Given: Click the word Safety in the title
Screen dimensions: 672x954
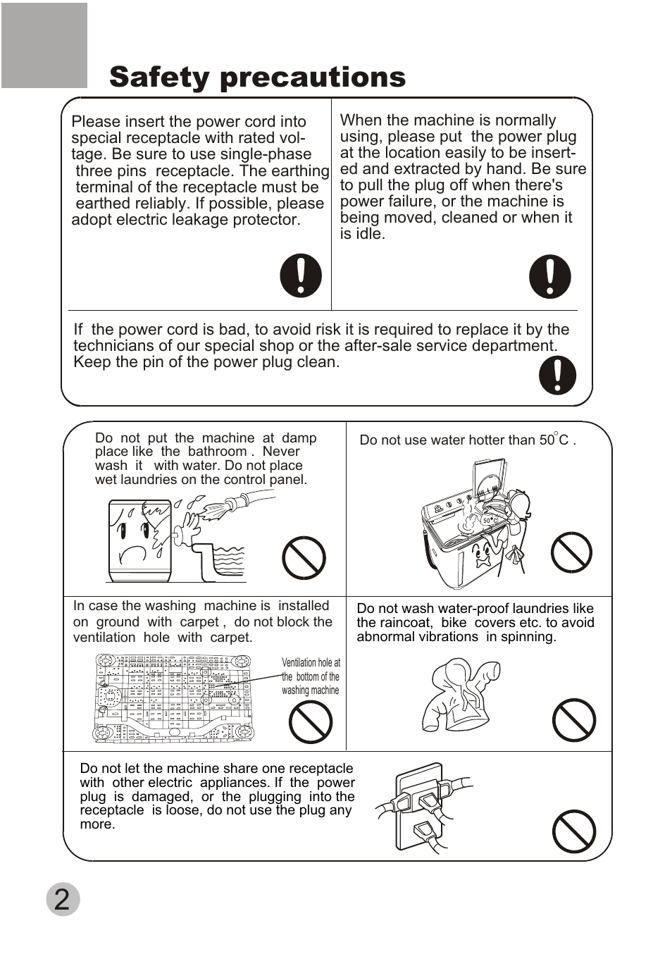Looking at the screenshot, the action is pos(160,78).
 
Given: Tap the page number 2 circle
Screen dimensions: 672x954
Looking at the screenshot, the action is pos(63,898).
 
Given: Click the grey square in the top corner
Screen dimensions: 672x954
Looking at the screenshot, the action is pos(44,45).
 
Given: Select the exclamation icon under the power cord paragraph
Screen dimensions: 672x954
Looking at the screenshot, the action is pos(301,275).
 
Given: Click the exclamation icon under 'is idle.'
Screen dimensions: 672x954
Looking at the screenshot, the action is pos(549,276).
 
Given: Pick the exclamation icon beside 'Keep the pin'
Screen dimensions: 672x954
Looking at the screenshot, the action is pos(557,375).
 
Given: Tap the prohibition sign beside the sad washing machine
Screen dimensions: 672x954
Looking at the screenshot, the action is pos(304,557).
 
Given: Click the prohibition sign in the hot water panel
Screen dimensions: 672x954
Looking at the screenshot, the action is pos(571,552).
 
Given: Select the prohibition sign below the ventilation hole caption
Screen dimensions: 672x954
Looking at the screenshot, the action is pos(311,722).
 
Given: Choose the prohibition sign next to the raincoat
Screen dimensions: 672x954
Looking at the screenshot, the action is pos(574,720).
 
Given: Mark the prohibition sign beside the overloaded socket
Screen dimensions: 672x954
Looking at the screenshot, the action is pos(574,831).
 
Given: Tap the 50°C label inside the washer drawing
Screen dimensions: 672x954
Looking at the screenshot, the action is pos(490,520).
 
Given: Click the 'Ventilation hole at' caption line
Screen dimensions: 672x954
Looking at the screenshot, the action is pos(311,663).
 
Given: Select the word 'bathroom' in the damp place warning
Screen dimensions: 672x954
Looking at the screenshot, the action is pos(218,452).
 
